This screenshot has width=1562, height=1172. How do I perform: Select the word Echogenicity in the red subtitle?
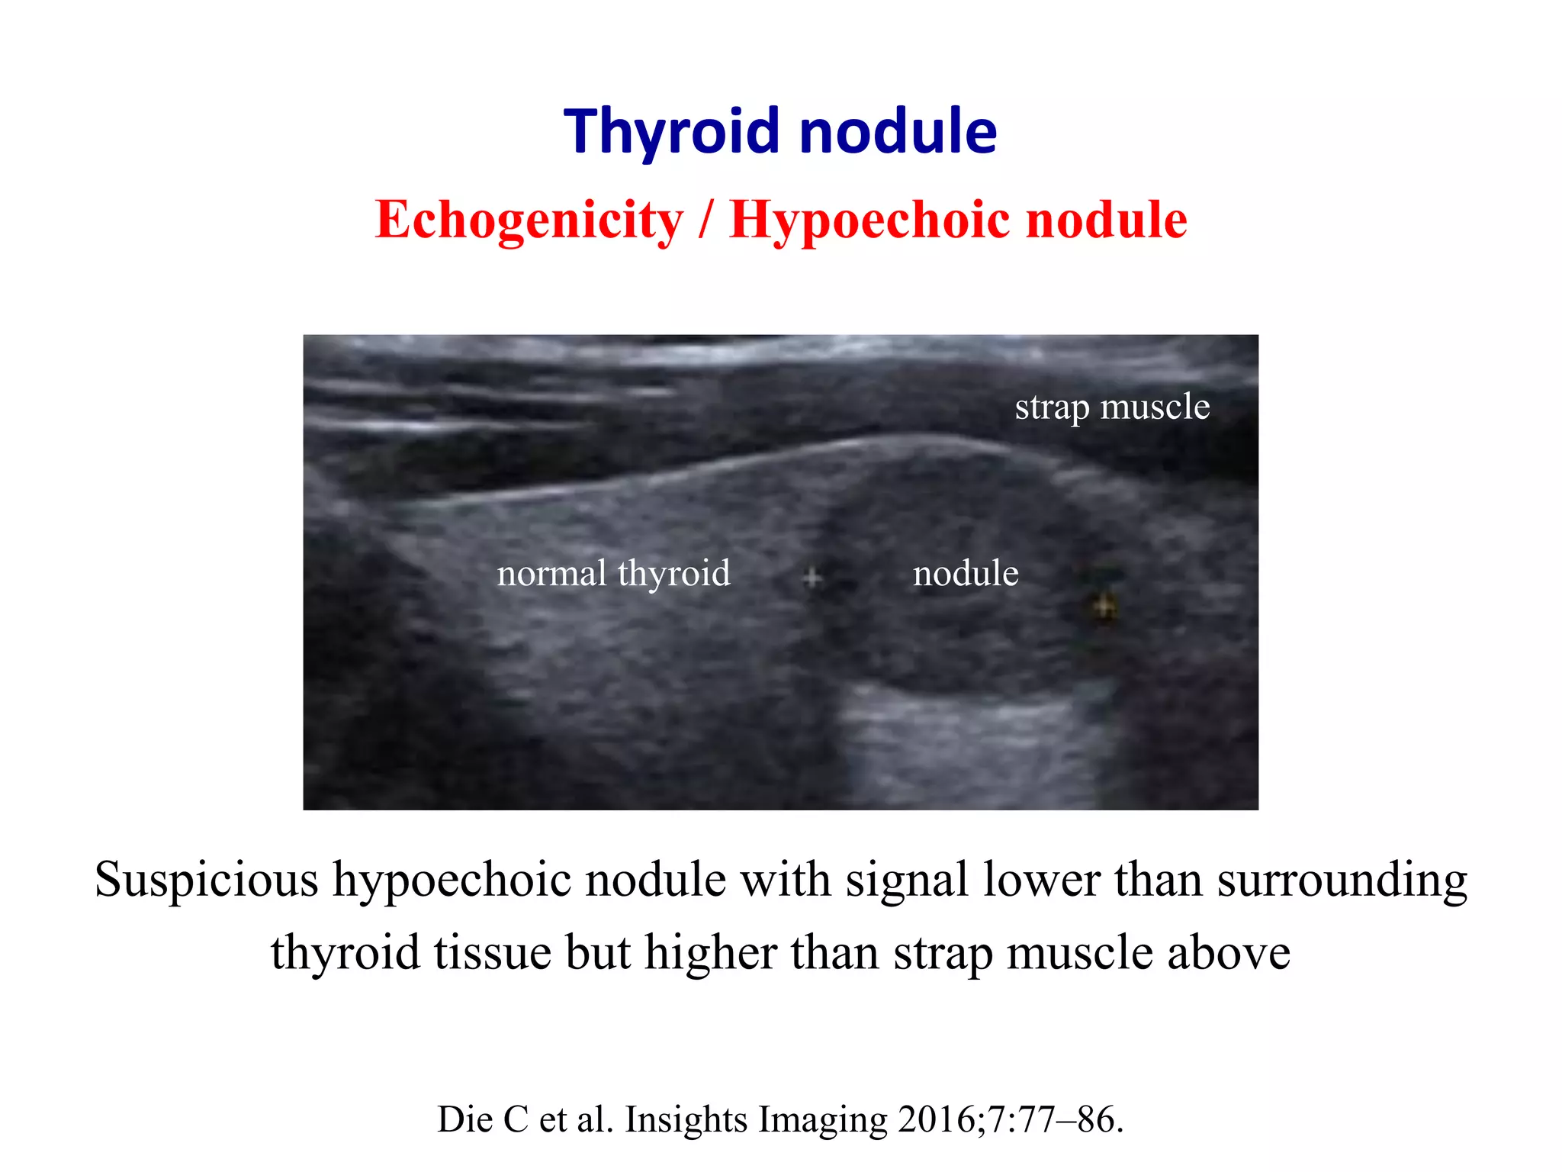(x=529, y=220)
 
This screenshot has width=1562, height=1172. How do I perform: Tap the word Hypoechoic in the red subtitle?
(x=869, y=220)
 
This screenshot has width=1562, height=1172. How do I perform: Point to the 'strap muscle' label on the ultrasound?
(x=1112, y=407)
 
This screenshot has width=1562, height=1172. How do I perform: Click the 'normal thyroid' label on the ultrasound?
(x=613, y=573)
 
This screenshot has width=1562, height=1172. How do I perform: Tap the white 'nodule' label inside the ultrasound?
(x=966, y=573)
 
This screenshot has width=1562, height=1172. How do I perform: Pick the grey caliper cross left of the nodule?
(x=813, y=578)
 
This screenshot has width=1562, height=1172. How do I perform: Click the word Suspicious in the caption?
(x=206, y=881)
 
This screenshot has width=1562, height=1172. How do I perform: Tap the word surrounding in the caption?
(x=1342, y=881)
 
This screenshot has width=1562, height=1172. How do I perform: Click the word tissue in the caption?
(x=492, y=953)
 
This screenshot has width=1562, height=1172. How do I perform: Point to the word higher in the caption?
(x=710, y=953)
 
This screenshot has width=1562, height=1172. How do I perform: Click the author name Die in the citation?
(x=464, y=1120)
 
